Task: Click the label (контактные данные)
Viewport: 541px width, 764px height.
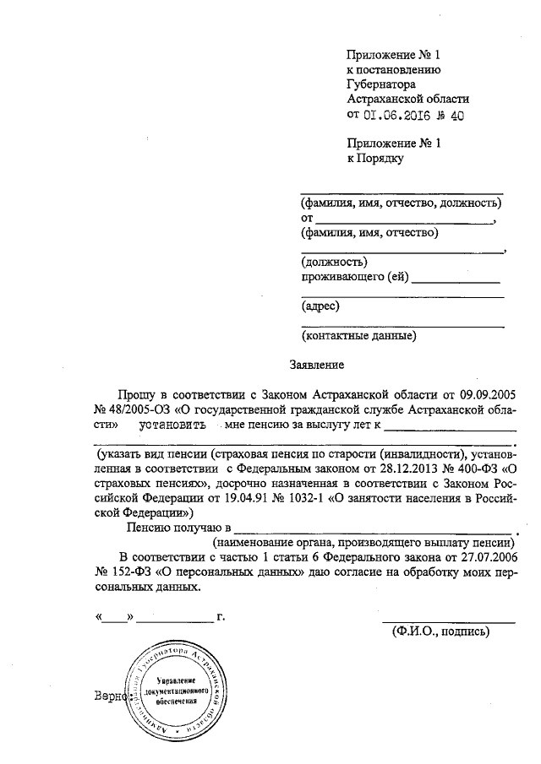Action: (359, 336)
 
